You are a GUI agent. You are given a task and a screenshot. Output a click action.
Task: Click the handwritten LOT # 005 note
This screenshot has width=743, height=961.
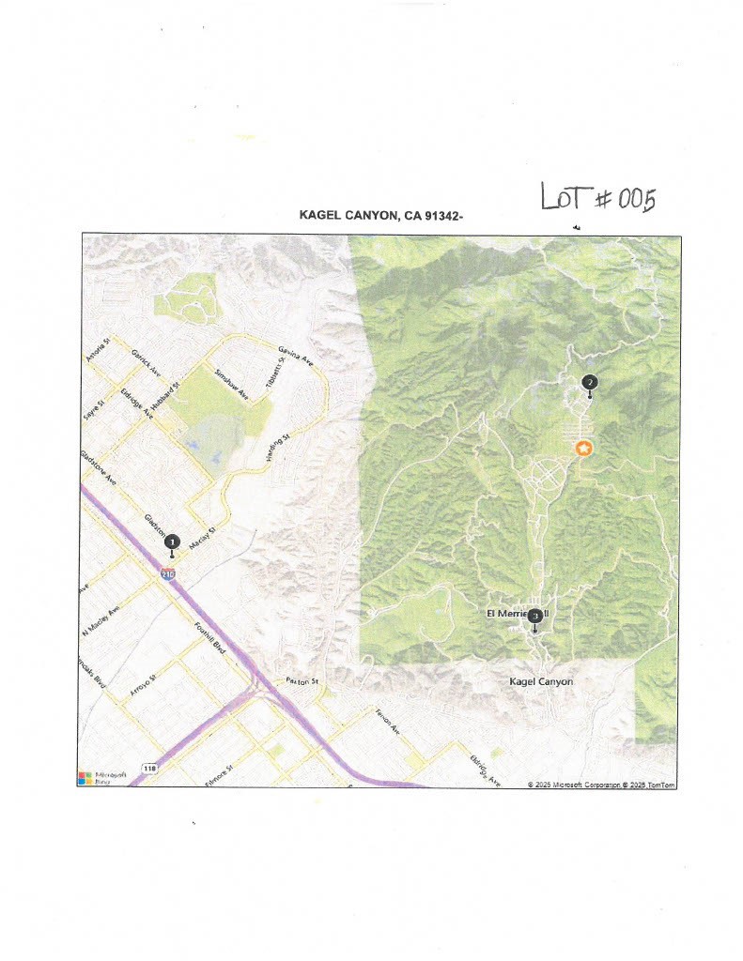point(597,198)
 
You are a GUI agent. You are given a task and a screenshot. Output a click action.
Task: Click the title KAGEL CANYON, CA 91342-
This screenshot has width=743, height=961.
point(381,216)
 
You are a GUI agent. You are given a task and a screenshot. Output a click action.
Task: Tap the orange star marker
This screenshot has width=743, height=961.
point(583,449)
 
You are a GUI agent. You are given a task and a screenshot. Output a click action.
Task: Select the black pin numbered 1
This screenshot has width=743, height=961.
point(172,542)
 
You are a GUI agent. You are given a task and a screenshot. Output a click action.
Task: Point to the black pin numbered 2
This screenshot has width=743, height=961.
point(589,383)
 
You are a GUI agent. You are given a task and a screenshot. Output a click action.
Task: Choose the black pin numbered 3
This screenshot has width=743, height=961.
point(534,617)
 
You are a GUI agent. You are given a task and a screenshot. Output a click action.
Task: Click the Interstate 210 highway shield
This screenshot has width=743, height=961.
point(167,572)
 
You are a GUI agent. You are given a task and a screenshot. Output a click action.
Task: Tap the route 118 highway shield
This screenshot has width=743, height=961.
point(149,769)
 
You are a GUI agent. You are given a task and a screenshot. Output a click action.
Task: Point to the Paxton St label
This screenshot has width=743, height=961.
point(303,681)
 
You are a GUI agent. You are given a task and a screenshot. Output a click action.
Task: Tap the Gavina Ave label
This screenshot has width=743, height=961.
point(293,356)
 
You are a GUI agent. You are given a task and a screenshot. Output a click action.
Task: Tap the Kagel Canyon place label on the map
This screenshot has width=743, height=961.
point(540,681)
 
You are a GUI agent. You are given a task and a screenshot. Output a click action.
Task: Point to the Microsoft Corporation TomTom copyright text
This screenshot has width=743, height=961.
point(601,784)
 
